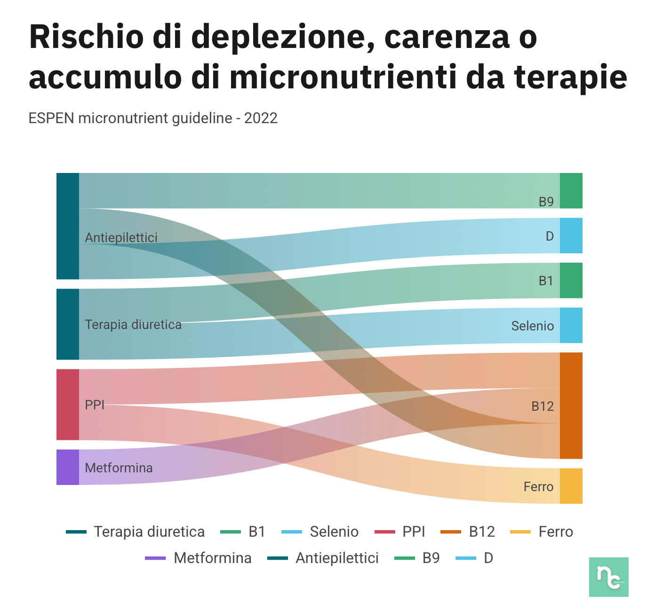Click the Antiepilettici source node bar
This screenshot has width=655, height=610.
[x=67, y=226]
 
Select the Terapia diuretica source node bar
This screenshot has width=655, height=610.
[x=67, y=324]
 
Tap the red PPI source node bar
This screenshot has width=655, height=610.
[x=67, y=405]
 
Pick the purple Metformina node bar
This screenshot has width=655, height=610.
[x=67, y=467]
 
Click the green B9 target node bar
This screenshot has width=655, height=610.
[x=571, y=190]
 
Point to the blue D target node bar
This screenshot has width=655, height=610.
[x=571, y=235]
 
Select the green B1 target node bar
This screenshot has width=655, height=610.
[x=571, y=280]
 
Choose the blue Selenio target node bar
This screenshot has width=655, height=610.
[x=571, y=325]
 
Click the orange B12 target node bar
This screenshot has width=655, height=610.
[x=571, y=406]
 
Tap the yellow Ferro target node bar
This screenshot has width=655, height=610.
[x=571, y=486]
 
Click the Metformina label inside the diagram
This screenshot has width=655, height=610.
[x=119, y=468]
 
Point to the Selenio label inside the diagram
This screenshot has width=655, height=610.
[x=532, y=326]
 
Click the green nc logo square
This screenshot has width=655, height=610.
[x=608, y=577]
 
